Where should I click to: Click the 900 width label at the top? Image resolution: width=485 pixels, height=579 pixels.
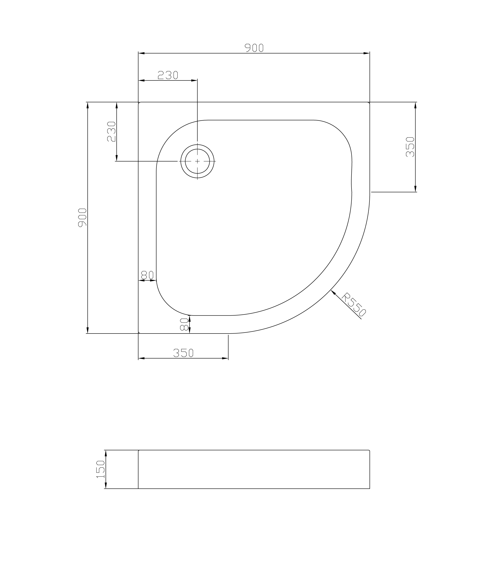pyautogui.click(x=254, y=48)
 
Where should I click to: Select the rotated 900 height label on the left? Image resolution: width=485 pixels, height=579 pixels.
pyautogui.click(x=82, y=218)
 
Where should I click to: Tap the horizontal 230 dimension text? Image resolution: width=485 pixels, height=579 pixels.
pyautogui.click(x=168, y=75)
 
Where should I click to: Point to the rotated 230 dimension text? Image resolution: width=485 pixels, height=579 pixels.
pyautogui.click(x=111, y=132)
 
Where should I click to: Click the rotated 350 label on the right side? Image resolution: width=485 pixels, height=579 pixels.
pyautogui.click(x=410, y=147)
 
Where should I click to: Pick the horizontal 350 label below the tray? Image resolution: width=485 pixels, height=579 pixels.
pyautogui.click(x=183, y=353)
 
